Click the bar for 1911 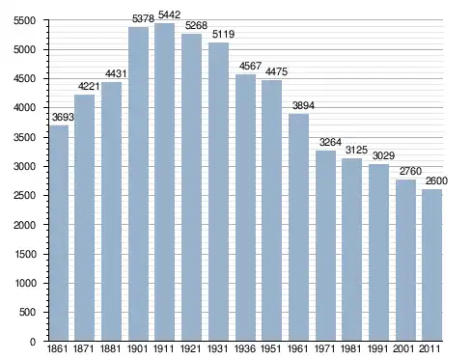tap(164, 181)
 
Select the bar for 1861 tap(59, 233)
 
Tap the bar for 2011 tap(431, 265)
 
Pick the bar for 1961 tap(298, 228)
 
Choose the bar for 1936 tap(245, 208)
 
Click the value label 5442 tap(169, 14)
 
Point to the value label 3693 tap(63, 117)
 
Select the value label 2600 tap(436, 180)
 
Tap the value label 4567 tap(250, 66)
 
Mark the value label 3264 tap(330, 142)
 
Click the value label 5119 tap(223, 34)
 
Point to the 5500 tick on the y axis tap(24, 20)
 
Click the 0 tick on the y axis tap(33, 342)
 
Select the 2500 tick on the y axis tap(24, 196)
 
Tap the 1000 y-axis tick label tap(25, 283)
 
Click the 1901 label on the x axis tap(138, 348)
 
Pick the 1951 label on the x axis tap(272, 348)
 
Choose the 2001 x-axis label tap(403, 348)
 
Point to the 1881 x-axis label tap(111, 348)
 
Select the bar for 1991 tap(378, 253)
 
